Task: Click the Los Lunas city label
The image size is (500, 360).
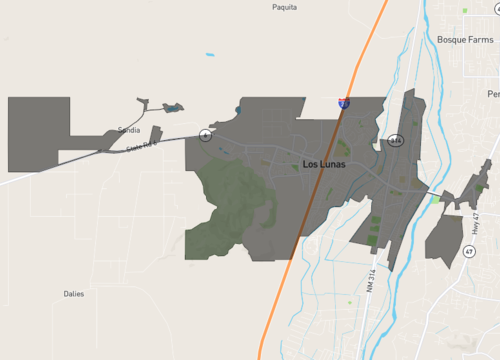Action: pyautogui.click(x=325, y=164)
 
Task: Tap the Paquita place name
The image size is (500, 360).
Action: pyautogui.click(x=285, y=7)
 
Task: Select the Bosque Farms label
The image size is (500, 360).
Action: pyautogui.click(x=465, y=39)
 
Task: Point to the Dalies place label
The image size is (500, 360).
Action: pyautogui.click(x=73, y=294)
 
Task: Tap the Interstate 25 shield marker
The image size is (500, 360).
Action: pyautogui.click(x=344, y=103)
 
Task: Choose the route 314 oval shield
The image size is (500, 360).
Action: pyautogui.click(x=396, y=140)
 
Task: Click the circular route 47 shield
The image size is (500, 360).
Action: pyautogui.click(x=469, y=252)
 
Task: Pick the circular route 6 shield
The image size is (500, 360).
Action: pyautogui.click(x=204, y=135)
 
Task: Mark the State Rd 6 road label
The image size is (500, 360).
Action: pyautogui.click(x=142, y=147)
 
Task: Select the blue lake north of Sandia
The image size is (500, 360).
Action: pyautogui.click(x=172, y=107)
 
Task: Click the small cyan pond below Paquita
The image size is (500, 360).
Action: pyautogui.click(x=210, y=54)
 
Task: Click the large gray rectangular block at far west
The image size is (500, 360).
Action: pyautogui.click(x=38, y=134)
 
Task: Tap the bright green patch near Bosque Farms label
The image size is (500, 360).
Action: pyautogui.click(x=465, y=11)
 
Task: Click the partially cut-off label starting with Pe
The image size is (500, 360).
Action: pyautogui.click(x=493, y=94)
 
